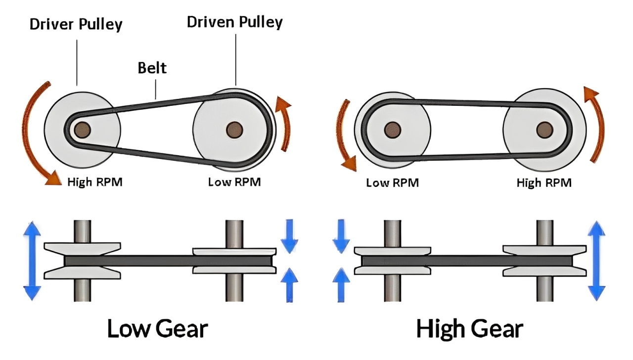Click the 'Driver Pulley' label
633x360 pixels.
click(x=76, y=24)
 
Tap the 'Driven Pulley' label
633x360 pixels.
click(x=234, y=22)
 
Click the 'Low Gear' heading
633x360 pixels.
click(x=157, y=329)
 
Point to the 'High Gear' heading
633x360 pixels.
click(x=469, y=329)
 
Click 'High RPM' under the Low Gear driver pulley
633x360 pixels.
click(x=94, y=182)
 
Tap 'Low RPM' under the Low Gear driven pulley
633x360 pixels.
click(x=234, y=182)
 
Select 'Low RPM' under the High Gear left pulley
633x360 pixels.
click(x=392, y=183)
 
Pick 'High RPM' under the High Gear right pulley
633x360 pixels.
click(x=543, y=183)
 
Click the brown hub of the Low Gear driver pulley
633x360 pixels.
click(x=83, y=130)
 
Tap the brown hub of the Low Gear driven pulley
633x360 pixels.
click(x=233, y=130)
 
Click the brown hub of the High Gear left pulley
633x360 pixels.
click(x=392, y=129)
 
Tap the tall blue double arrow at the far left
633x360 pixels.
click(x=33, y=261)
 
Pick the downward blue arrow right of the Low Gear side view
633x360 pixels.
click(x=289, y=236)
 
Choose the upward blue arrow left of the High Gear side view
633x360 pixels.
click(x=340, y=284)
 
